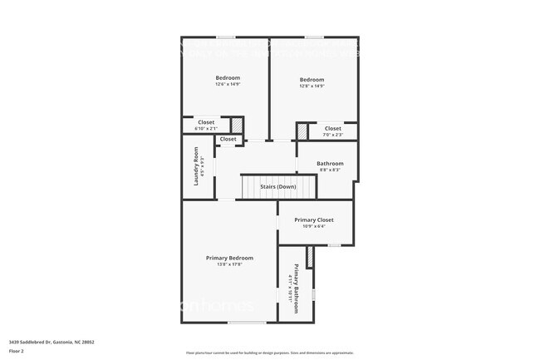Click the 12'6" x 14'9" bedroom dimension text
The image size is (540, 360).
click(228, 84)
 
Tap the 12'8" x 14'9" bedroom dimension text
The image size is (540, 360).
click(312, 86)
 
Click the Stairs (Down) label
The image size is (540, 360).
click(278, 187)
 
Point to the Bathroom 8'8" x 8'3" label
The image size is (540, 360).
click(330, 164)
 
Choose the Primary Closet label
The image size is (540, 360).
click(315, 220)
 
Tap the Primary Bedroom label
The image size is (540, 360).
click(229, 258)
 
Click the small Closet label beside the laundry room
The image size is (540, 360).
click(228, 139)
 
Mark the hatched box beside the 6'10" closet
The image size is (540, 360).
click(237, 125)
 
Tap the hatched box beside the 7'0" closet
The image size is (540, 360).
click(302, 131)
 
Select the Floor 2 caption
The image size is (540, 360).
click(17, 351)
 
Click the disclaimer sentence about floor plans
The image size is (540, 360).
click(270, 353)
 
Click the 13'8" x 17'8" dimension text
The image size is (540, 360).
click(229, 264)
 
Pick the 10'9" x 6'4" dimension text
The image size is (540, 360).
click(315, 226)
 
